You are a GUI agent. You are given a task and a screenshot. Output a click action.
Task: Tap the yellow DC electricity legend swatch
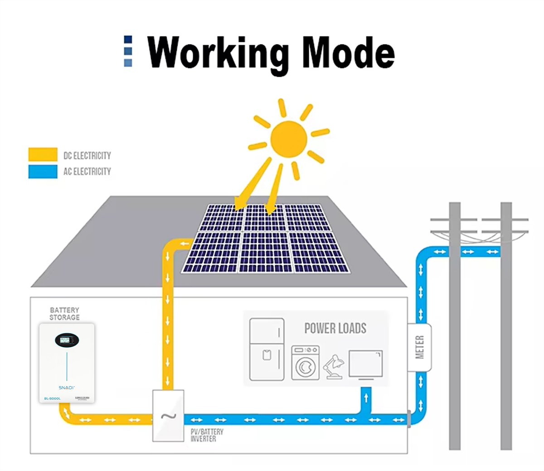[43, 155]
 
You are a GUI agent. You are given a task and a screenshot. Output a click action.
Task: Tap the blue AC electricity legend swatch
[43, 172]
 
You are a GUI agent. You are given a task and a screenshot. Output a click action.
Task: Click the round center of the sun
[288, 139]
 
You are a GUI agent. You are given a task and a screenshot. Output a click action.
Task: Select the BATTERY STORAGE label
[64, 314]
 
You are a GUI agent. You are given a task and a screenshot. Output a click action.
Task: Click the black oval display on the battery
[67, 340]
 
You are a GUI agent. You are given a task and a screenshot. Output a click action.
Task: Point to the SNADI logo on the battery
[67, 388]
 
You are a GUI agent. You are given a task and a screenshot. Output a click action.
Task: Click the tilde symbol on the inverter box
[168, 416]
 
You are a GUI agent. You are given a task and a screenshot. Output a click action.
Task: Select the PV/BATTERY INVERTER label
[207, 435]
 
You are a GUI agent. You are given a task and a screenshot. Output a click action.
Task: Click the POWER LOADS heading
[335, 328]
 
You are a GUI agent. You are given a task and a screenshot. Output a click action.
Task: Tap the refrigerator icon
[267, 349]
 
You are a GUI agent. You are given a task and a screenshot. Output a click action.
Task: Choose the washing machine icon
[305, 363]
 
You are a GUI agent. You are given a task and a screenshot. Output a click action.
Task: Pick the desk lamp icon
[334, 367]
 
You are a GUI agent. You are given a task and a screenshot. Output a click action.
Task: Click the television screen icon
[365, 364]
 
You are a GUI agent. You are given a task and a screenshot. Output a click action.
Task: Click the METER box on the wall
[419, 347]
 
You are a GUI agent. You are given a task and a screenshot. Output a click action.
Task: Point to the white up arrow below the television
[366, 398]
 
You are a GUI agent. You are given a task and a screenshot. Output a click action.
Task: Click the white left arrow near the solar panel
[185, 244]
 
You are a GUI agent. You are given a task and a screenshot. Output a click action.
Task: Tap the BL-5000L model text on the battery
[52, 398]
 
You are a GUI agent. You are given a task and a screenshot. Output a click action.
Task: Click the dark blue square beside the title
[128, 40]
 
